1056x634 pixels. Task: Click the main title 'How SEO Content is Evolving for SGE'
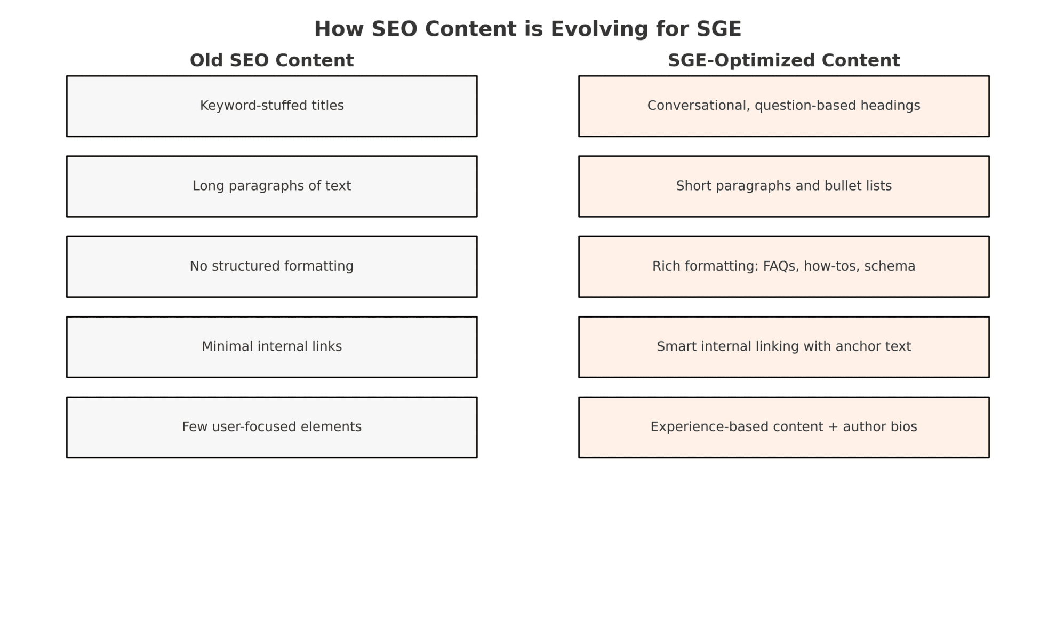coord(527,29)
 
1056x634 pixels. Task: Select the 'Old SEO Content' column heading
coord(271,60)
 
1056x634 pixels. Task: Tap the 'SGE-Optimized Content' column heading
coord(783,60)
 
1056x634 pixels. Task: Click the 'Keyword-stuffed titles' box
coord(271,106)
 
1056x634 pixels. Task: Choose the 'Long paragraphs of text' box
coord(271,186)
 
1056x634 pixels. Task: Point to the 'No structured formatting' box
coord(271,266)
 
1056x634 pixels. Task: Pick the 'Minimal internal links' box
coord(271,347)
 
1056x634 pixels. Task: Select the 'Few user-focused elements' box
coord(271,427)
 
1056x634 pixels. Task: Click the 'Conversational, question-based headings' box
coord(783,106)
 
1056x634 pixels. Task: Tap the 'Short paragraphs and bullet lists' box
coord(783,186)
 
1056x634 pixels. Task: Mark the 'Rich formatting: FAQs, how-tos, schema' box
coord(783,266)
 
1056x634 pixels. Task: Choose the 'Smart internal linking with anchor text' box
coord(783,347)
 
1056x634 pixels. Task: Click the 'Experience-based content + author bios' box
coord(783,427)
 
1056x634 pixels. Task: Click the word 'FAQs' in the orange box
coord(781,266)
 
